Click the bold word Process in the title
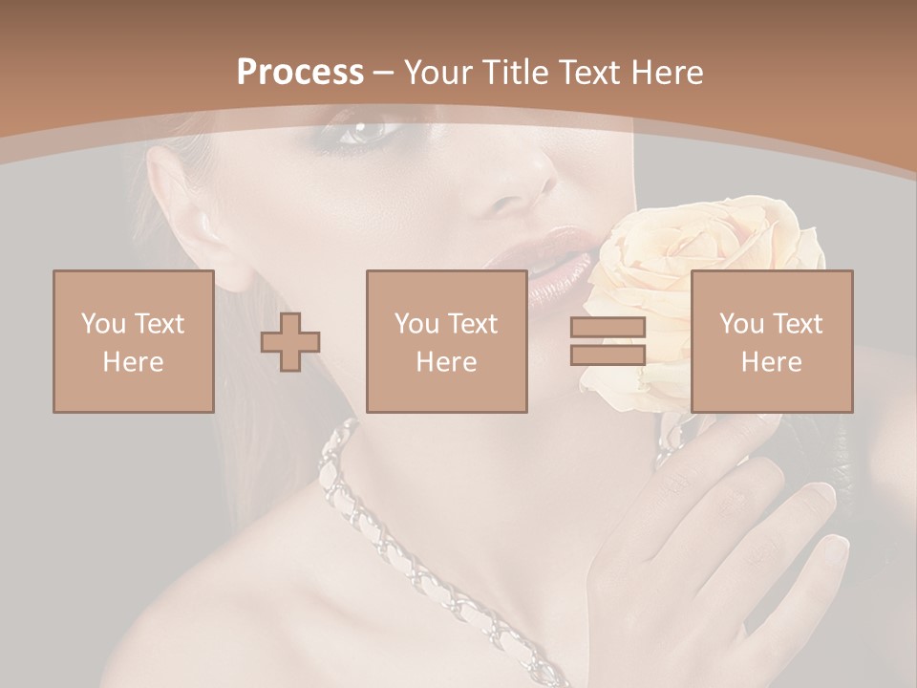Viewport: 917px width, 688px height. [x=300, y=73]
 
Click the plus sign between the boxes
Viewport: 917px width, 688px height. [x=290, y=341]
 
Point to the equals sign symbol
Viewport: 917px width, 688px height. [x=608, y=341]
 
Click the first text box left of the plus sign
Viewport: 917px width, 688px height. [x=134, y=341]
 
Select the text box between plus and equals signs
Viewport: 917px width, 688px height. [x=447, y=341]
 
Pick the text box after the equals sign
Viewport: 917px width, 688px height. [x=772, y=341]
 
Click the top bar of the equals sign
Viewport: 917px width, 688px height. [x=608, y=328]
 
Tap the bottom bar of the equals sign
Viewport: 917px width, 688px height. [x=608, y=355]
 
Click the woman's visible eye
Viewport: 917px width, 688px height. [x=366, y=129]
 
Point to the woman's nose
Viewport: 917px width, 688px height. [x=521, y=182]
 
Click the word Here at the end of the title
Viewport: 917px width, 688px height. [x=669, y=73]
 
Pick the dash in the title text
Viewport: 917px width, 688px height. [x=383, y=74]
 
